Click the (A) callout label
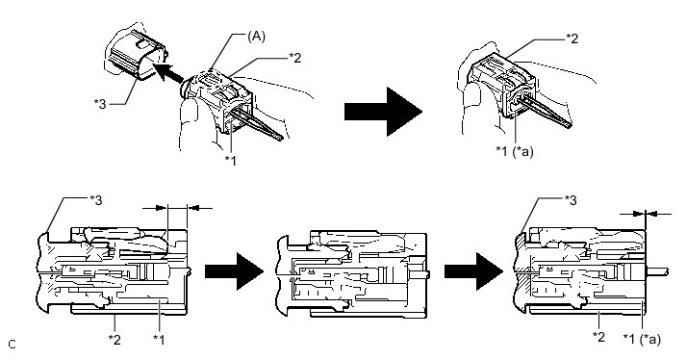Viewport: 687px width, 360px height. [256, 37]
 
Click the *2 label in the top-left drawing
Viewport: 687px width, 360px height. [294, 58]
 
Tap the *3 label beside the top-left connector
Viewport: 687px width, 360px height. [100, 104]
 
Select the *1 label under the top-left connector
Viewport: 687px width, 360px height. [231, 161]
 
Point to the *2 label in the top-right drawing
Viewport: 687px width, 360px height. [572, 39]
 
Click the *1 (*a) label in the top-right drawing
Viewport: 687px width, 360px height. [515, 151]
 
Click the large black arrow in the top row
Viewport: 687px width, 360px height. [383, 112]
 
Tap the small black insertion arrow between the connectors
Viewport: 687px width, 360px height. [167, 72]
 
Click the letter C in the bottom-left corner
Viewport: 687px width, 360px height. [12, 345]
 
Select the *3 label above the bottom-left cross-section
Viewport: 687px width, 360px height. [95, 200]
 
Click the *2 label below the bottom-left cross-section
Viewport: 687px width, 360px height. [114, 339]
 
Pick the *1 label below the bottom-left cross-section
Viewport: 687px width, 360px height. [159, 339]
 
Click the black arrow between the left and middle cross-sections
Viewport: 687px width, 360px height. [234, 271]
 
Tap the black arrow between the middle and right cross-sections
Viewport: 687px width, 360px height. [473, 271]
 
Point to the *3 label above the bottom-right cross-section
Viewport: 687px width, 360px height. [570, 200]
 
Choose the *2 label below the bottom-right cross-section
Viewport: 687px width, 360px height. [598, 337]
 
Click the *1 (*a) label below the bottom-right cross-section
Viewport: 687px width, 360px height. [642, 339]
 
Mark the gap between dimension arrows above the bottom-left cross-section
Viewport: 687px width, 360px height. [177, 208]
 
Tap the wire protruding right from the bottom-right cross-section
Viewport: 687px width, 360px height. [657, 271]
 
